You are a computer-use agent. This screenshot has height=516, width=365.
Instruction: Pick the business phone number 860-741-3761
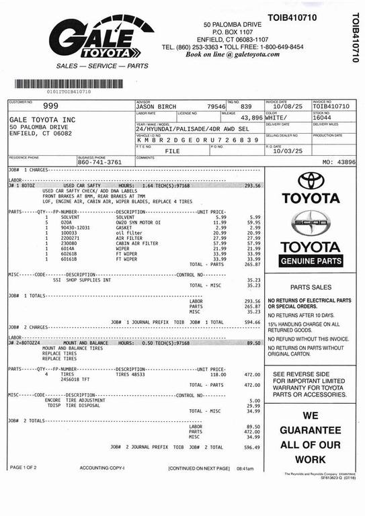[x=99, y=162]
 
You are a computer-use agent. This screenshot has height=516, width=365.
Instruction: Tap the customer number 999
[x=50, y=105]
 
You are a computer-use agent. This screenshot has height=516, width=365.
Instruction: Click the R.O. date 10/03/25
[x=288, y=151]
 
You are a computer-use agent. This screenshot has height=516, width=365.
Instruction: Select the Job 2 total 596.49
[x=252, y=447]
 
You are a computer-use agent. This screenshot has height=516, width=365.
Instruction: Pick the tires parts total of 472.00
[x=252, y=385]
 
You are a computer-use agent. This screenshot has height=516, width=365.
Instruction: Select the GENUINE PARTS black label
[x=311, y=261]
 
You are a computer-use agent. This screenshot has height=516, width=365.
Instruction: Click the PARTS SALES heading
[x=311, y=286]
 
